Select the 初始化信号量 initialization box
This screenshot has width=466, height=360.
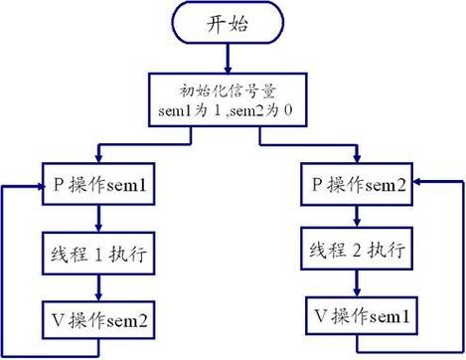tap(233, 98)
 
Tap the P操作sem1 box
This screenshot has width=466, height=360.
tap(97, 186)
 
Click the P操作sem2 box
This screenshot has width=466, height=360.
tap(359, 186)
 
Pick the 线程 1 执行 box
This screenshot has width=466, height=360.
tap(97, 254)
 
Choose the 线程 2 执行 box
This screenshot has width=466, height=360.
tap(359, 253)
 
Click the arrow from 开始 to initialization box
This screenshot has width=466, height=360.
tap(233, 60)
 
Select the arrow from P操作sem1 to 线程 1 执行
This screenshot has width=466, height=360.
tap(97, 219)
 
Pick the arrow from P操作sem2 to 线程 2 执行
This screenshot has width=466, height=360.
tap(359, 219)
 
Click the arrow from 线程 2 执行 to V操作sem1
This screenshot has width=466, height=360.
tap(359, 285)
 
